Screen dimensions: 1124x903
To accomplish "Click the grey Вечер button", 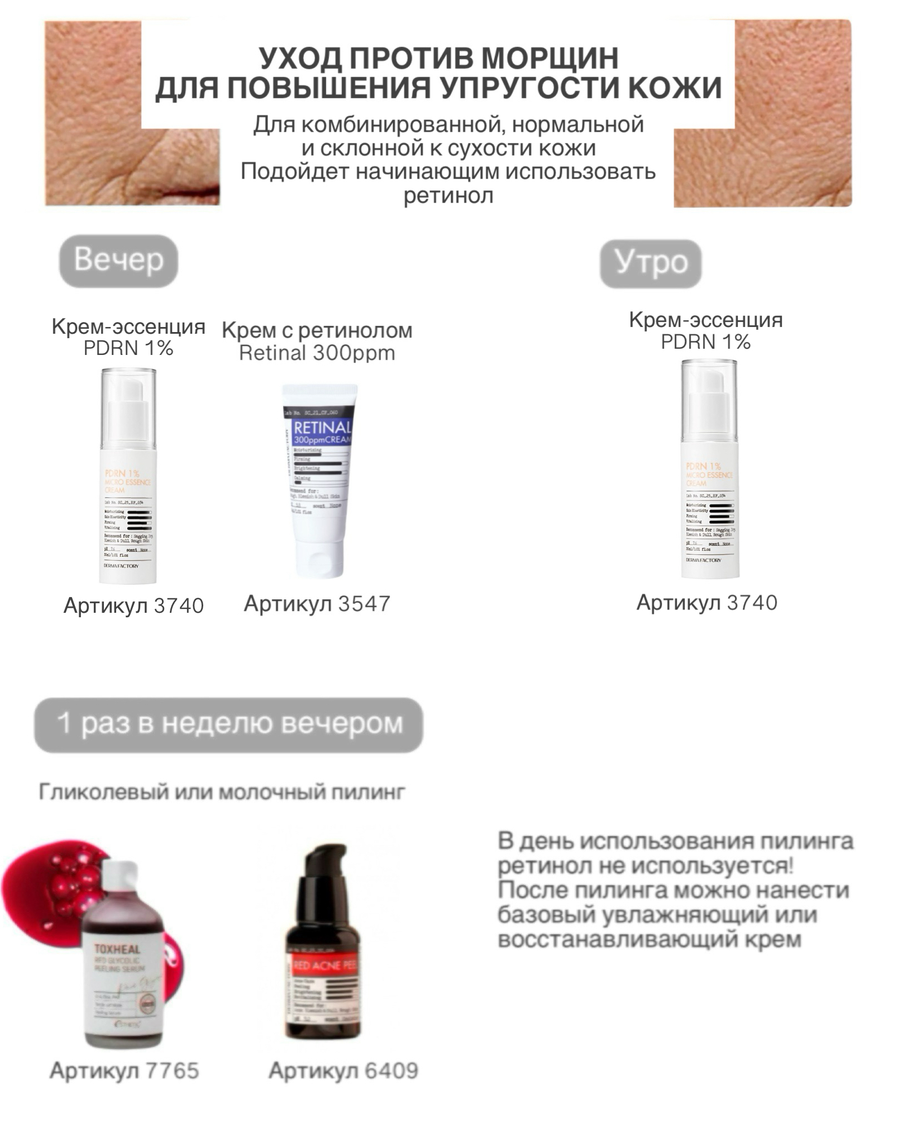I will (x=118, y=261).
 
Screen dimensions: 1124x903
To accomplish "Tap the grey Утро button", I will (x=650, y=263).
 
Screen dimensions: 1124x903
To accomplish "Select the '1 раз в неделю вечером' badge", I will (x=229, y=724).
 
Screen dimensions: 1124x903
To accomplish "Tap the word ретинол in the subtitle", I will (x=448, y=196).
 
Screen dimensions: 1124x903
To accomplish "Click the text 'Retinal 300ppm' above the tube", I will (x=317, y=353).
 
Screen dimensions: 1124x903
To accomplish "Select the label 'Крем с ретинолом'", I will (x=317, y=330).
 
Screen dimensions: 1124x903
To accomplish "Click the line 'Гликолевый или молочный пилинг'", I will (x=222, y=792).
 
